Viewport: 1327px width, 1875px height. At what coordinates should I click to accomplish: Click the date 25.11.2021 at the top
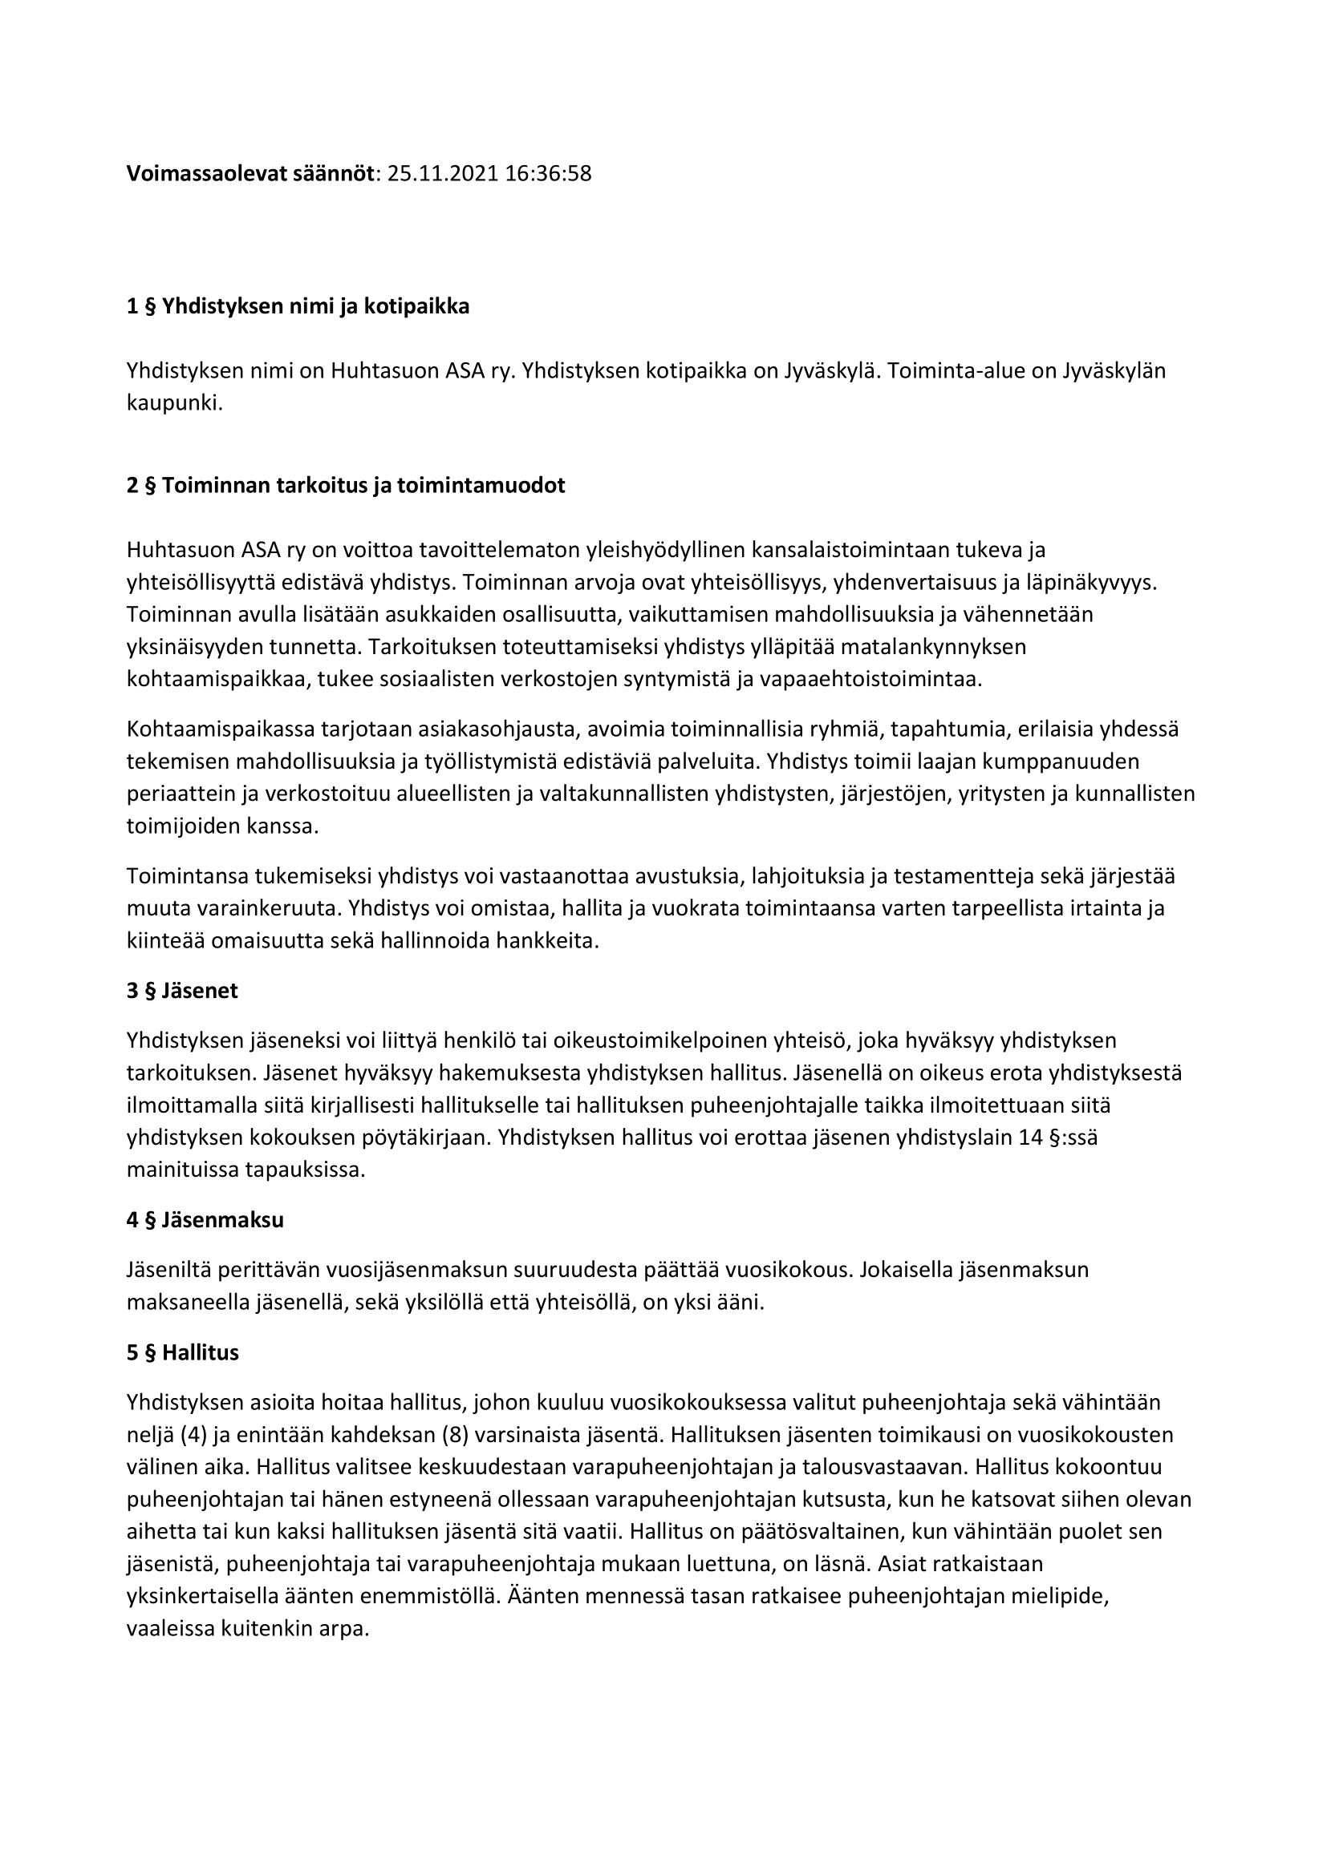442,174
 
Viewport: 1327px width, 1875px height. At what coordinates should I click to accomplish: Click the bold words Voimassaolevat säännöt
250,174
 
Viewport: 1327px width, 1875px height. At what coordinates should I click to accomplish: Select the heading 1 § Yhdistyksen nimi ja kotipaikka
298,308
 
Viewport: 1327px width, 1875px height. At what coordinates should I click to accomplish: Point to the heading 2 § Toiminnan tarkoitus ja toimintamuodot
346,486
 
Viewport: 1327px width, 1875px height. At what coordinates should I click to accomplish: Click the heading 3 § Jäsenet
182,992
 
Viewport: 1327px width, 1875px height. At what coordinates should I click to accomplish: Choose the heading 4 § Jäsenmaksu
205,1221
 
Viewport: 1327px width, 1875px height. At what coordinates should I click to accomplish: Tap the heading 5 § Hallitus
182,1353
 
